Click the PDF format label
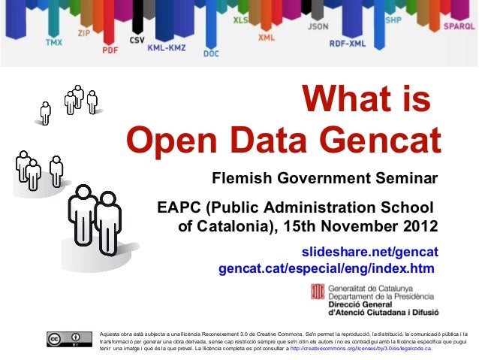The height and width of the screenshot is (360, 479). pos(110,50)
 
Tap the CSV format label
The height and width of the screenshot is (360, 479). pos(137,39)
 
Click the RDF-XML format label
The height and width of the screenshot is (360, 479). pos(348,44)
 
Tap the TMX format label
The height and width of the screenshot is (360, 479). pos(54,42)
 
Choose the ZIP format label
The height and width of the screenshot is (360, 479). pos(86,33)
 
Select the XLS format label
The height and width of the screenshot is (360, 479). pos(241,19)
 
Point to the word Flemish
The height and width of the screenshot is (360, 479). pos(244,180)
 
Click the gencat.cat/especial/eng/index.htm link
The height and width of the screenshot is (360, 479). pos(326,268)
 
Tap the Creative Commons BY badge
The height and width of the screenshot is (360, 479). pos(65,340)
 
